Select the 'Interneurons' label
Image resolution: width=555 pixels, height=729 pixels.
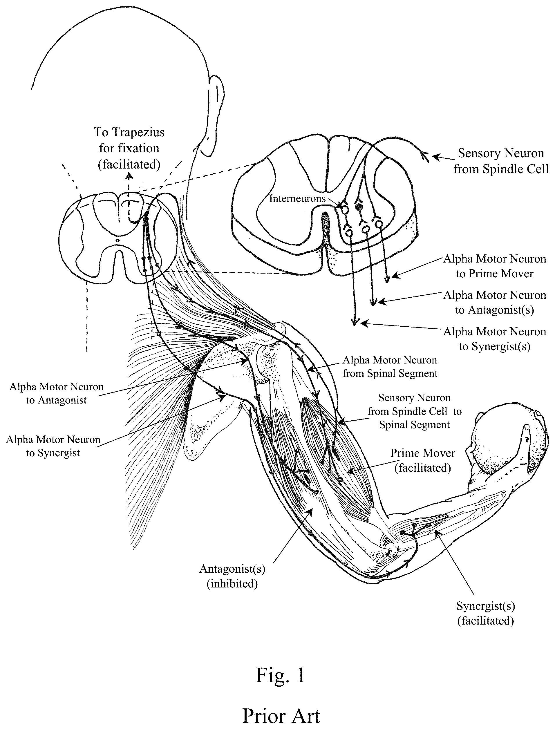[297, 198]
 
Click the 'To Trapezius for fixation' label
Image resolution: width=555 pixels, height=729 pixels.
[129, 140]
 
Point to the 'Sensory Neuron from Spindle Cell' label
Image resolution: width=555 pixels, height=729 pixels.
[501, 161]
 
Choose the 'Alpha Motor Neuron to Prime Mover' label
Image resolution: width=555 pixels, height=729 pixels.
[495, 266]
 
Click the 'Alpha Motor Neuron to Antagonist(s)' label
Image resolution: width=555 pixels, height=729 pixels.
[495, 302]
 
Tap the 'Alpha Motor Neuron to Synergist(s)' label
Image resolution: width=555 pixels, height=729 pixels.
[495, 339]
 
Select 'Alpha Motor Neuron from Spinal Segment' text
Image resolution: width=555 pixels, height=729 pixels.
[390, 367]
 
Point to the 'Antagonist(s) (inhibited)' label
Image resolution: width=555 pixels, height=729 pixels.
[232, 576]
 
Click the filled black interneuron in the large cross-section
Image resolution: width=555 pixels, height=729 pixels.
[360, 207]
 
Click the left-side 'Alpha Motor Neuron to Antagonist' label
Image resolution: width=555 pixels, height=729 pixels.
[57, 393]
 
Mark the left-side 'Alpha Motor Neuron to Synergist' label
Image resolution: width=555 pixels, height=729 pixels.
[53, 446]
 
